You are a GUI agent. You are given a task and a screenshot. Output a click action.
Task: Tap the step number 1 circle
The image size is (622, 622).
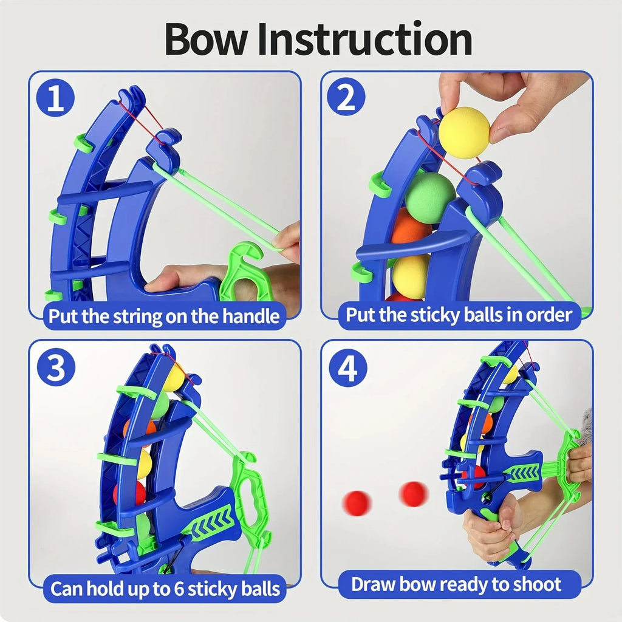coord(55,99)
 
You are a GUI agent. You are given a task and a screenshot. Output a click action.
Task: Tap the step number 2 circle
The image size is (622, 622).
coord(346,98)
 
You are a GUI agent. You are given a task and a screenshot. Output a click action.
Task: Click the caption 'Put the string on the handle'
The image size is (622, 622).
coord(164,316)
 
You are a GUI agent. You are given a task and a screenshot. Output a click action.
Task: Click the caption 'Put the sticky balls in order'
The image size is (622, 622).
coord(459,315)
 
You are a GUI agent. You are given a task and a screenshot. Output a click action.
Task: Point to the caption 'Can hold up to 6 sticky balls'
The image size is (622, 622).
coord(165,588)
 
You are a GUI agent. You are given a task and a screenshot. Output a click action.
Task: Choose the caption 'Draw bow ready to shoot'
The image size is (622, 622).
coord(456,584)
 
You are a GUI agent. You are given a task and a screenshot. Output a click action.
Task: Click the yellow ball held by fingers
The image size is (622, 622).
coord(464,132)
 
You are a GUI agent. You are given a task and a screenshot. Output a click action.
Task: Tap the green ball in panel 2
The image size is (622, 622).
coord(429,197)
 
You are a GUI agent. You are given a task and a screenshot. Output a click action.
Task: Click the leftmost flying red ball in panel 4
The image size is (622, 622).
coord(357,504)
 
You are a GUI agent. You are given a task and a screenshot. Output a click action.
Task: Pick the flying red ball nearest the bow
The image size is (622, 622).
coord(413,493)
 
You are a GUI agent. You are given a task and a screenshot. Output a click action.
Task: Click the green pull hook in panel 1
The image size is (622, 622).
coord(248,267)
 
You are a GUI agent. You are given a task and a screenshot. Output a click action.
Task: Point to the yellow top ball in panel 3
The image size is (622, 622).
coord(174,378)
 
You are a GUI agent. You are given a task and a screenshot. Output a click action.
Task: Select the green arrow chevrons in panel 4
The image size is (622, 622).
coord(522,473)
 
